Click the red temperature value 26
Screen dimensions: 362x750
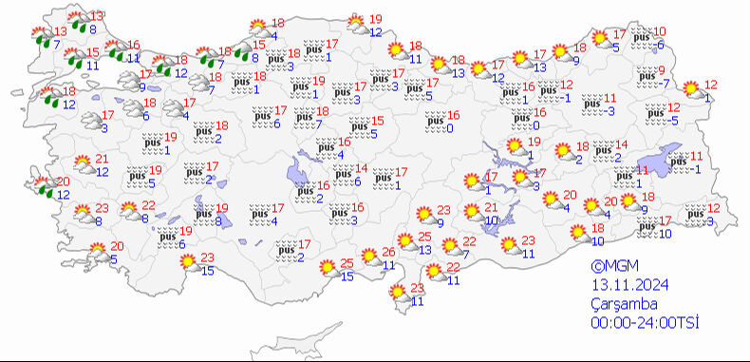coord(388,252)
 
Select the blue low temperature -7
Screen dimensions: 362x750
coord(666,84)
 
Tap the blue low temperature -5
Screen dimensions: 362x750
coord(672,120)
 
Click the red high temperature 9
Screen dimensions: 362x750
coord(663,71)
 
